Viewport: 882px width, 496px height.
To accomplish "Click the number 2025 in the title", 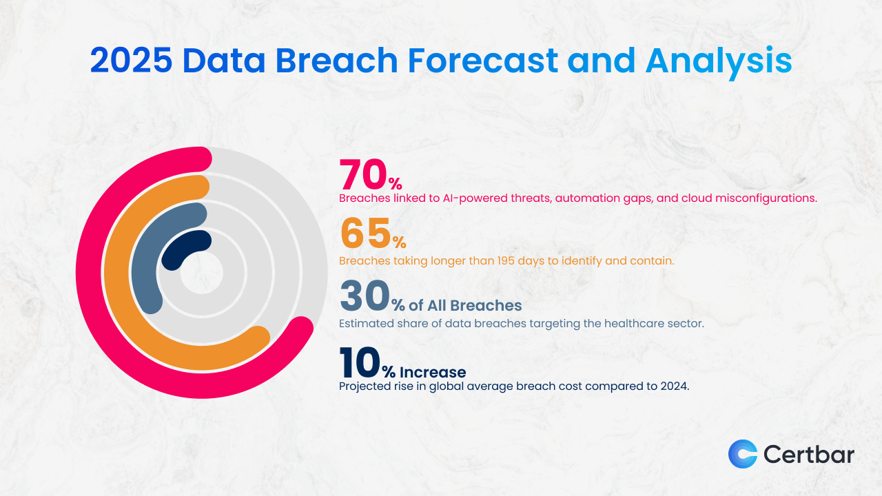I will point(131,61).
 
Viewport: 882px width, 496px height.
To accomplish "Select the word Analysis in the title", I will point(719,61).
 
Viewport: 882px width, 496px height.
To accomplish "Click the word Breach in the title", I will point(337,61).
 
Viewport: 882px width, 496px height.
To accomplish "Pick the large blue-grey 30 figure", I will point(365,297).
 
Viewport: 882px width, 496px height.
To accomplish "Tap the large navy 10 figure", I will point(360,362).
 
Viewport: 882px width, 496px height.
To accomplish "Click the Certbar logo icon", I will point(742,454).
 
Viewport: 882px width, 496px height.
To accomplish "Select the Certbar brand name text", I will point(808,455).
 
